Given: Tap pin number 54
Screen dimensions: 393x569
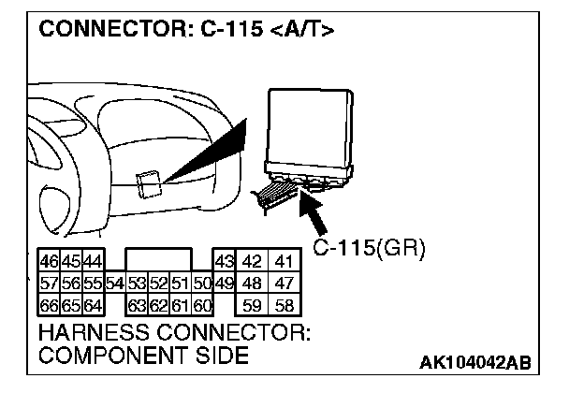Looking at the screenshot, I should click(x=114, y=283).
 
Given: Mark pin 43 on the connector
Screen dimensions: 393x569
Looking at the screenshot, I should click(x=224, y=261).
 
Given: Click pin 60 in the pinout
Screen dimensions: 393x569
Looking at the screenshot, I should click(x=203, y=304).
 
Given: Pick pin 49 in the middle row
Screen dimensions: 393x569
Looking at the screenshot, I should click(x=224, y=283).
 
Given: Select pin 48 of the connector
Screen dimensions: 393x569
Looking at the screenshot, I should click(x=252, y=283).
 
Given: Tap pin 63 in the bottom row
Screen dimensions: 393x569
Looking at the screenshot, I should click(x=138, y=304).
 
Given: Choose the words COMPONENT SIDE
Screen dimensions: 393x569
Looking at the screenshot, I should click(x=142, y=356).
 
